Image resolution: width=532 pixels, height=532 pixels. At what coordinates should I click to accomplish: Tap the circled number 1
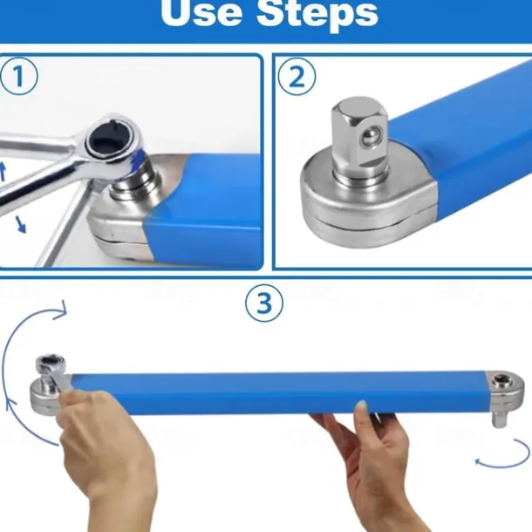19,76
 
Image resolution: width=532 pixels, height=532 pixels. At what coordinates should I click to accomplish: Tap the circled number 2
297,77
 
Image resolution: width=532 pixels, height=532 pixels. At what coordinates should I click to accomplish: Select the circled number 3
264,303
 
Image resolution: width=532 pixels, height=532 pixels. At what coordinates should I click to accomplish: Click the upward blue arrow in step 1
3,171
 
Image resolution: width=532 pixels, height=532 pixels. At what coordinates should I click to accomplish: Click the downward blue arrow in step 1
20,225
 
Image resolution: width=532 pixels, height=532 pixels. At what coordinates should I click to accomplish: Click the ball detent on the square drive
370,136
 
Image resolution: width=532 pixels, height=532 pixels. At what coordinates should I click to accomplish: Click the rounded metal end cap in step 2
367,201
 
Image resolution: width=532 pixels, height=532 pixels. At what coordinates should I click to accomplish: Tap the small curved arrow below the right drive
503,454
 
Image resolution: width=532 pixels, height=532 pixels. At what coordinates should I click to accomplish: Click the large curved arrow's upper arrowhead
60,310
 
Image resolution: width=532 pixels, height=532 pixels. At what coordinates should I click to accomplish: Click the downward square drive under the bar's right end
500,418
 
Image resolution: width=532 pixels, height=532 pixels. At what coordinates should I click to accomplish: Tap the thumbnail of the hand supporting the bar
361,405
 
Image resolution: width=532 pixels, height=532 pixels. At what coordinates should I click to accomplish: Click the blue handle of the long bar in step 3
279,392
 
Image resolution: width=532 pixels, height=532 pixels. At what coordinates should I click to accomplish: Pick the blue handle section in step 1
203,208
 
